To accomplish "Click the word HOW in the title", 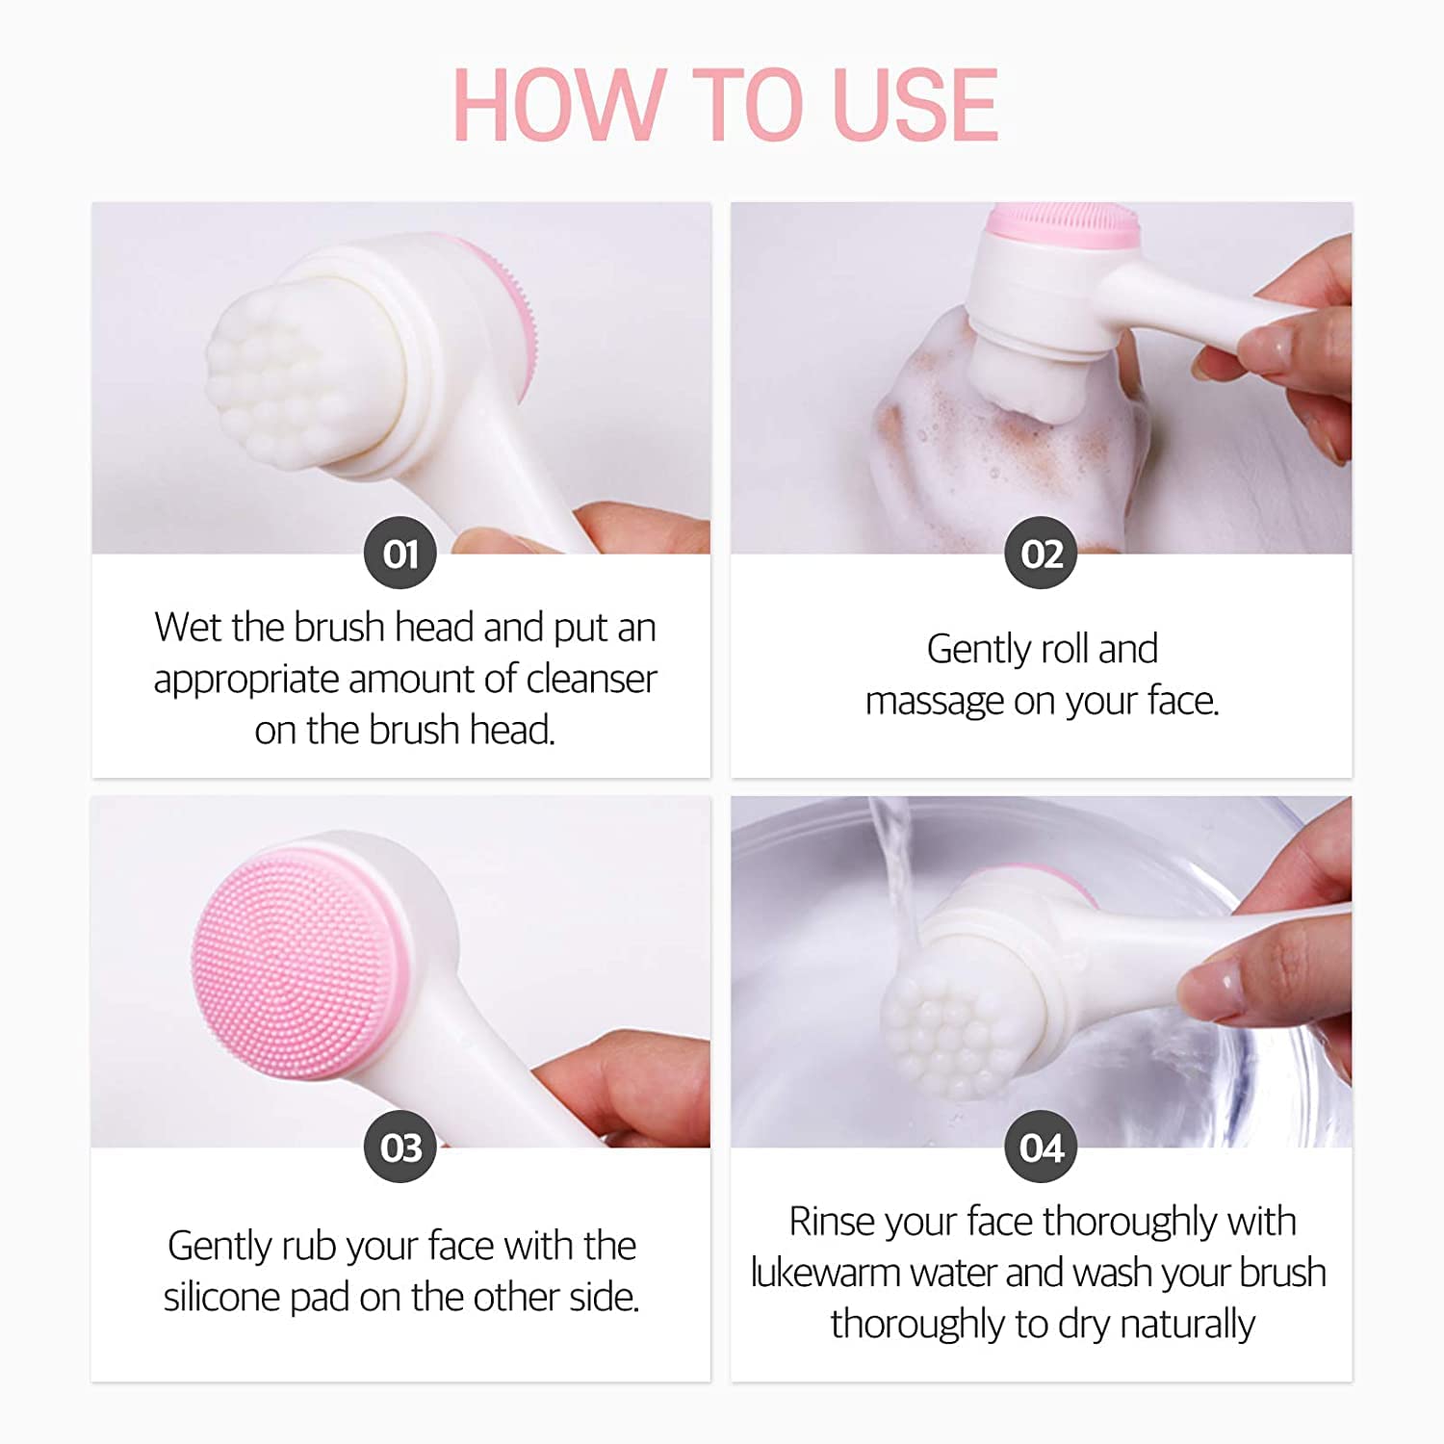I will point(558,105).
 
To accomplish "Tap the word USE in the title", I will point(915,105).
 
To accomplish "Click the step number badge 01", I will point(400,554).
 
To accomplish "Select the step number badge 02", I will point(1042,554).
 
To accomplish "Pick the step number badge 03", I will point(400,1147).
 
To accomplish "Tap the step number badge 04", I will point(1042,1147).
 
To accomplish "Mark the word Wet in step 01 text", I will point(189,628).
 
